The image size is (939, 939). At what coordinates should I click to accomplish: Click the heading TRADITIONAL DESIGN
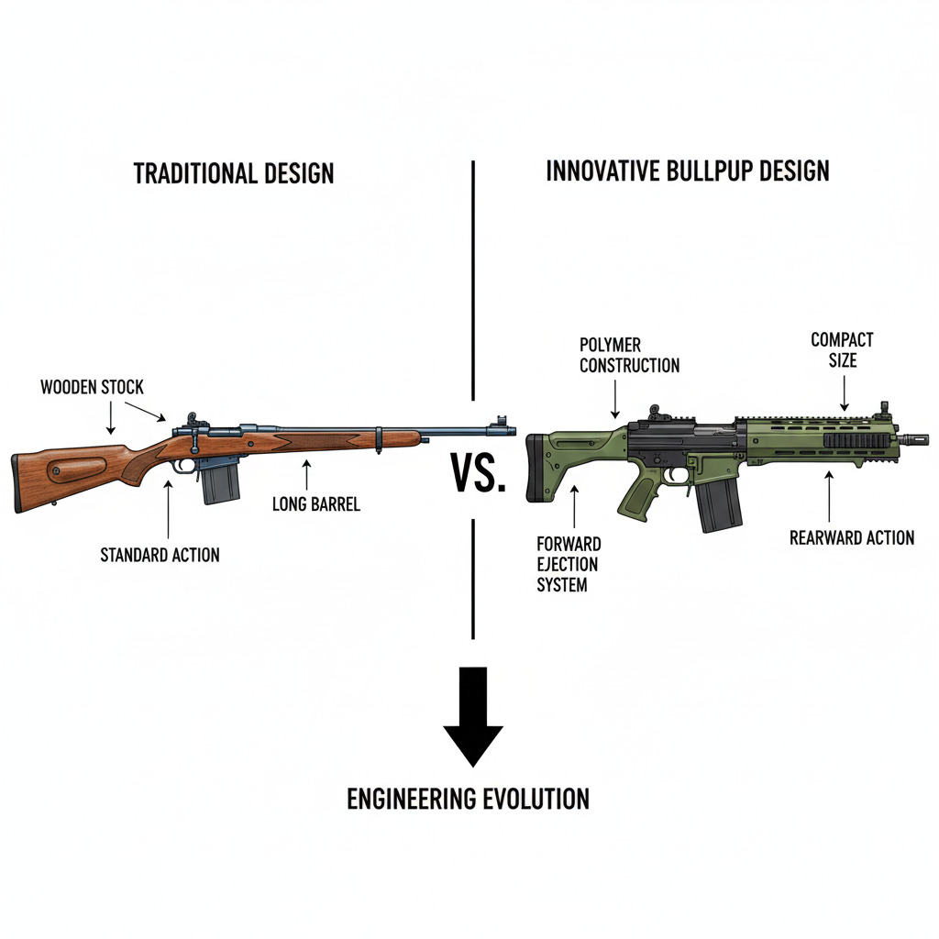point(234,173)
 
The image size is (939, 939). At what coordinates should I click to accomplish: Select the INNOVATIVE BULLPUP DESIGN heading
point(688,171)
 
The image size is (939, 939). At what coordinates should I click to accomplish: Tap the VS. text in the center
point(479,474)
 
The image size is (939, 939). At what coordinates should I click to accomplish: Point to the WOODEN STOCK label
point(92,386)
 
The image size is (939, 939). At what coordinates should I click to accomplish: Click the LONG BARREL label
point(316,503)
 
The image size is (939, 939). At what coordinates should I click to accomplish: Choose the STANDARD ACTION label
point(160,554)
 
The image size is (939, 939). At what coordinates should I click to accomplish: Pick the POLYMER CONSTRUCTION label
point(629,355)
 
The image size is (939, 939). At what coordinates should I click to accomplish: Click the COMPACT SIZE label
point(842,349)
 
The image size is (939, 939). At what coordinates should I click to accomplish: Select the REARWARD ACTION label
point(852,537)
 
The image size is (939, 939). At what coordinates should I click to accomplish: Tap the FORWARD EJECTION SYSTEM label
point(569,563)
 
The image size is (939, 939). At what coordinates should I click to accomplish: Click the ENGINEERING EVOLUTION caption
point(468,799)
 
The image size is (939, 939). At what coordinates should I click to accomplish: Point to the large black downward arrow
point(473,715)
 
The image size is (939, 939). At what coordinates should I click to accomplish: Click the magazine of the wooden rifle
point(220,481)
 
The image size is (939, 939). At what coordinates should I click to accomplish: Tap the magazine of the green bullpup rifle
point(719,504)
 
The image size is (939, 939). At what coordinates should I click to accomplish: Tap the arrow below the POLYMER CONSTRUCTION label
point(614,400)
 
